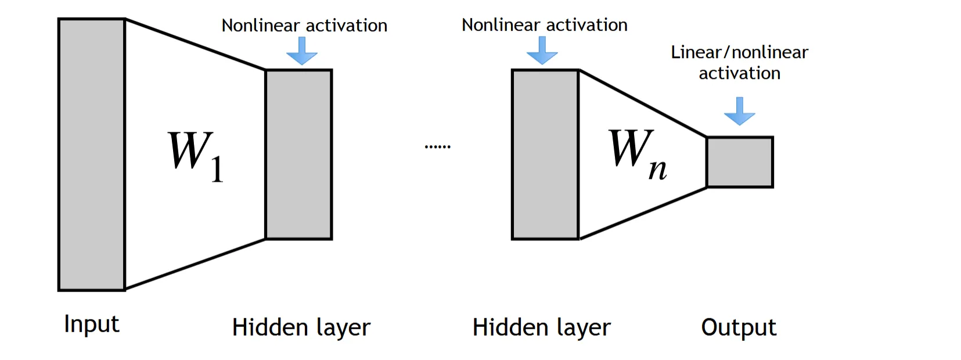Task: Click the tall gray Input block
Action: tap(92, 154)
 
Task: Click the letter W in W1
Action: tap(188, 150)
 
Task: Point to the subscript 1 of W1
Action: tap(217, 170)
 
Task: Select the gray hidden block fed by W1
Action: tap(298, 154)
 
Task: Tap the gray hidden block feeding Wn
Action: tap(545, 154)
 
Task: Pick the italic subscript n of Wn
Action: tap(657, 169)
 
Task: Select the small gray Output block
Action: tap(740, 162)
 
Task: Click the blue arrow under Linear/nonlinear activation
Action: tap(739, 111)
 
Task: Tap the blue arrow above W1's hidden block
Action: tap(302, 51)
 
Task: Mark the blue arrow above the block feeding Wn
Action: tap(542, 51)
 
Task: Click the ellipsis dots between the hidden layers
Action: tap(437, 147)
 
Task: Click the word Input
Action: tap(92, 324)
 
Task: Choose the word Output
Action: tap(739, 327)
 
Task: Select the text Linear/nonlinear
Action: tap(739, 52)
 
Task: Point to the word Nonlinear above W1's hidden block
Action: tap(261, 26)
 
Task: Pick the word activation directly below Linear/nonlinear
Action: tap(739, 74)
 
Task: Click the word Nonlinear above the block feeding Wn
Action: tap(501, 25)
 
